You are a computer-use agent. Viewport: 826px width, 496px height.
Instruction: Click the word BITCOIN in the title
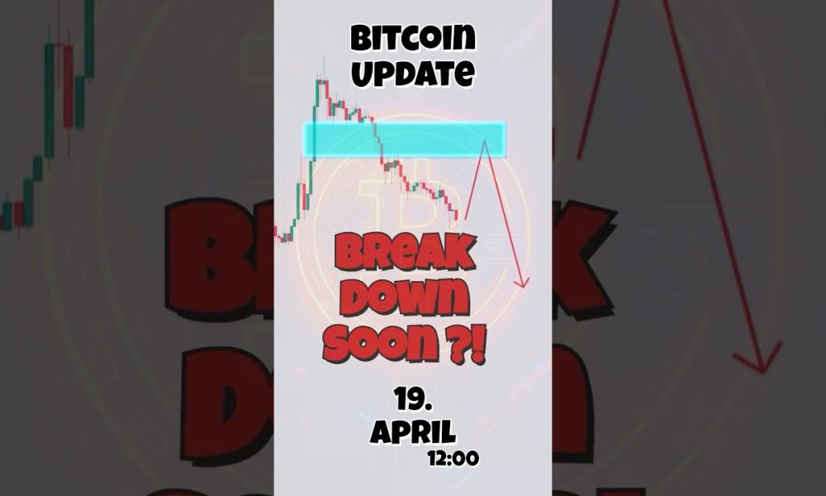pos(412,38)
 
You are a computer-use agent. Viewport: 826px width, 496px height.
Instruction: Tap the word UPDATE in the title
pos(412,74)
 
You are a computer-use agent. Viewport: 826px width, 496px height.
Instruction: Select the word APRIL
pos(412,432)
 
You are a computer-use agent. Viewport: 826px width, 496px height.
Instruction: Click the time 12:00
pos(453,458)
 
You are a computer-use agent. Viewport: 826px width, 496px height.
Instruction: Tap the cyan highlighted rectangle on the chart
pos(405,139)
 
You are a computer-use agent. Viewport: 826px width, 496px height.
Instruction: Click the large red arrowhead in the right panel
pos(758,358)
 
